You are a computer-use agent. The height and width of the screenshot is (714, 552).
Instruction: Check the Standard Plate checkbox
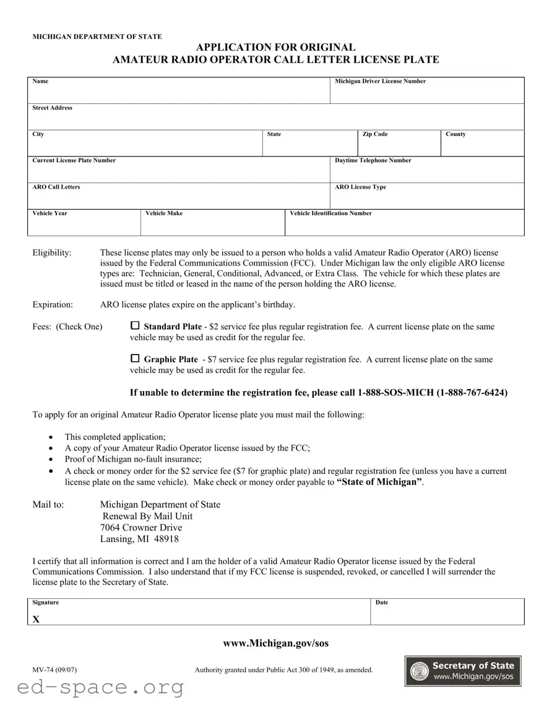pos(136,326)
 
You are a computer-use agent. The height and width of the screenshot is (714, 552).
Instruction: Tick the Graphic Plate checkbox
pos(136,359)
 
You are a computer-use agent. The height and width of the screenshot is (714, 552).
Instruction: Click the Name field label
pos(40,81)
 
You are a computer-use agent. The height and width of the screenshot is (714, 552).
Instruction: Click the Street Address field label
pos(52,108)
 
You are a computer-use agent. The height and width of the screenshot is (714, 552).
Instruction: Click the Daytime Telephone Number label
pos(373,160)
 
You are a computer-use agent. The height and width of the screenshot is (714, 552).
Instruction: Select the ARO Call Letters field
pos(178,199)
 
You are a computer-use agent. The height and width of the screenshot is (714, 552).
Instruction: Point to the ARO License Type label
pos(360,187)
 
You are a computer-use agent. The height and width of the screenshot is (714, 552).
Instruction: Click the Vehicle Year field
pos(84,226)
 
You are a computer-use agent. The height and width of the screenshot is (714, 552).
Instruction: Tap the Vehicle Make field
pos(212,226)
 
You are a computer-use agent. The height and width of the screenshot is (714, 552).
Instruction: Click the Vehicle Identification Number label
pos(331,213)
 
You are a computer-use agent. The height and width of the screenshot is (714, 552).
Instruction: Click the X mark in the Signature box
pos(36,619)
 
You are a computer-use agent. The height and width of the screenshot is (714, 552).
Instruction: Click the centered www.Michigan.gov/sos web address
pos(275,643)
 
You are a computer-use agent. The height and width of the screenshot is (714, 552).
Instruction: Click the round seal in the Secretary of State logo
pos(419,671)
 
